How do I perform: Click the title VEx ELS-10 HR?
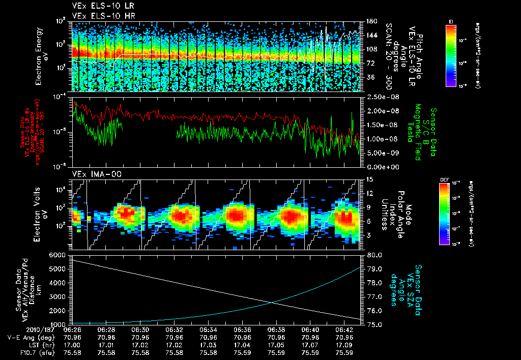pos(96,16)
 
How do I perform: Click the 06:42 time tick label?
pos(344,329)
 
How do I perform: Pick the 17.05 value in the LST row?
pos(276,344)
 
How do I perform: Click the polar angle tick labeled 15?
pos(367,179)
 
